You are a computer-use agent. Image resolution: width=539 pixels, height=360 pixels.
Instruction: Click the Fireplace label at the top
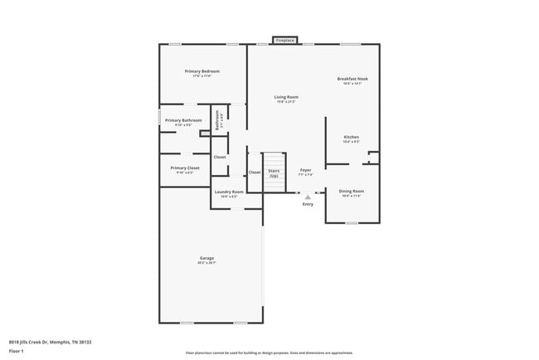point(285,40)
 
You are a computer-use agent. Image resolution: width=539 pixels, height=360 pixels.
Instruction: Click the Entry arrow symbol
point(308,197)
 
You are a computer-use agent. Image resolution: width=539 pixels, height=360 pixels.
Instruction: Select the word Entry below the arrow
point(308,205)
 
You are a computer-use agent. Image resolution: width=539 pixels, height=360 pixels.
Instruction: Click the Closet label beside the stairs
point(255,172)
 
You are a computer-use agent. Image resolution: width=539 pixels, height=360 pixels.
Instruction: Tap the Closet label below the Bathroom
point(220,157)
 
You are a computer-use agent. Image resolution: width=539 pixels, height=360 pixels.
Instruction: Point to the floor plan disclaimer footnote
point(269,353)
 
